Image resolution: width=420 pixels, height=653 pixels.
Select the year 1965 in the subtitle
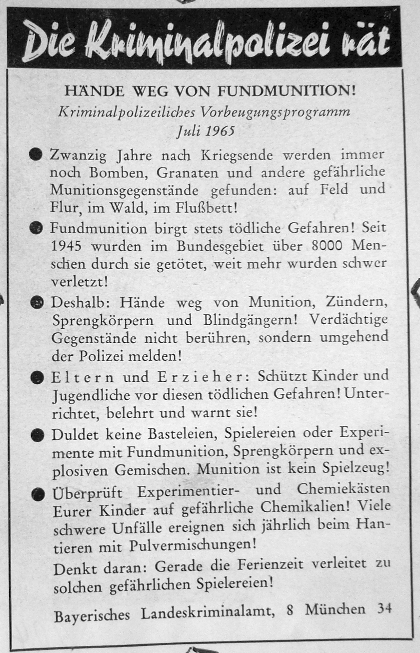click(220, 131)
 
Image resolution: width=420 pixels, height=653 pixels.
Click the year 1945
click(67, 246)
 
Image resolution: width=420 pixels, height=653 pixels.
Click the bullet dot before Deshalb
click(36, 303)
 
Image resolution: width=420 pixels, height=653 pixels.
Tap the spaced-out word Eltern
click(83, 377)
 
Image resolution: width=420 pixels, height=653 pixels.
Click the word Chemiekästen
click(343, 489)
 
